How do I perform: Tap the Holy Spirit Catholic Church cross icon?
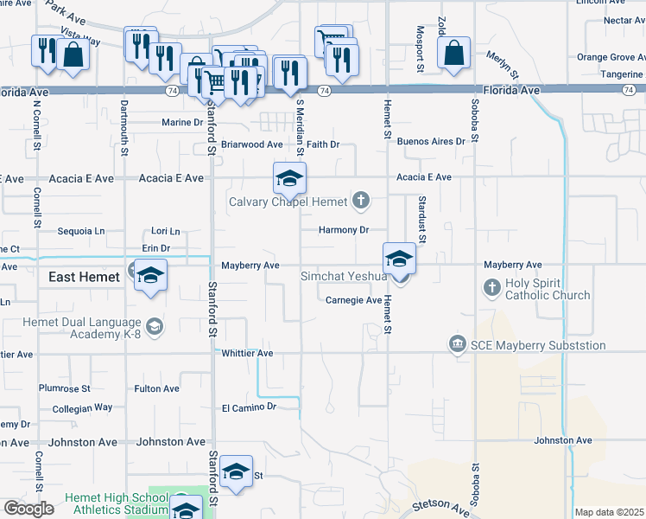click(x=491, y=287)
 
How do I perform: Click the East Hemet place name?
click(x=83, y=276)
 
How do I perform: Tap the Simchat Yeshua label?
click(x=343, y=277)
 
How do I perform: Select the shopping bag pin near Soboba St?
click(x=453, y=54)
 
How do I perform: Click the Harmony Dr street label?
click(x=343, y=230)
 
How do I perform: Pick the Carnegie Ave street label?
click(x=354, y=300)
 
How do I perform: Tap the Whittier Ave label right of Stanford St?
click(x=247, y=354)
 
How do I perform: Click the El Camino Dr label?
click(x=248, y=407)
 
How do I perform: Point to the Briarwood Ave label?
click(x=252, y=144)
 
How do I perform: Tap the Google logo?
click(x=28, y=509)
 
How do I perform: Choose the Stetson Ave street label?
click(x=441, y=504)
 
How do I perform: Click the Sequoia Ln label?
click(x=80, y=231)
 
